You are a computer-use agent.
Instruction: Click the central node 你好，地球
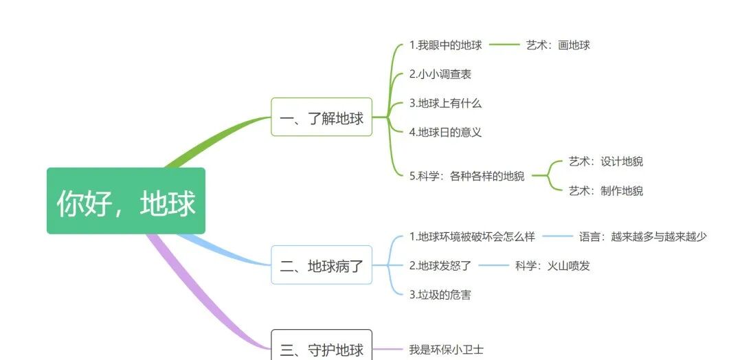click(x=126, y=201)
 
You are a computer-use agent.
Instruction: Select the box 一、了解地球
click(x=322, y=117)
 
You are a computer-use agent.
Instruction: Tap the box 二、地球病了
click(x=322, y=265)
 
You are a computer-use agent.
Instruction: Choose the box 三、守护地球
click(x=322, y=348)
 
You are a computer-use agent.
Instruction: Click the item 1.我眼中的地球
click(x=445, y=45)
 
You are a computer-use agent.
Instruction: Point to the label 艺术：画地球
click(x=558, y=45)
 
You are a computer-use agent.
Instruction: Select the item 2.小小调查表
click(x=440, y=74)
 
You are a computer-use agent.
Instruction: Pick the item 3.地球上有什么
click(x=445, y=103)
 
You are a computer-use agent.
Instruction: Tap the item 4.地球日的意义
click(x=445, y=132)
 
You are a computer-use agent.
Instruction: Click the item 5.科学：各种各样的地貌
click(x=466, y=176)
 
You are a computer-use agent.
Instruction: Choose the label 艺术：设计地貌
click(x=606, y=161)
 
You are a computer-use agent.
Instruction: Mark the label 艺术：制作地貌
click(x=606, y=191)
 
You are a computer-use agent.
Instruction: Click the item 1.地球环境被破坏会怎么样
click(x=472, y=236)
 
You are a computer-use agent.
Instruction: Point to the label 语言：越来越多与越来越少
click(x=642, y=236)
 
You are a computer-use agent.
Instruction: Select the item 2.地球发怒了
click(x=440, y=265)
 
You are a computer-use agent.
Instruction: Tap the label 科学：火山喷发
click(x=552, y=265)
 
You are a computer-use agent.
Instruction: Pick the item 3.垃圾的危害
click(x=440, y=295)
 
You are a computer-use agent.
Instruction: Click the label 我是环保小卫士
click(x=446, y=350)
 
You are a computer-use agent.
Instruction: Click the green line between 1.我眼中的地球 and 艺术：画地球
click(x=504, y=45)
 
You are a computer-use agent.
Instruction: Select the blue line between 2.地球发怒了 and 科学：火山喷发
click(x=493, y=265)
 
